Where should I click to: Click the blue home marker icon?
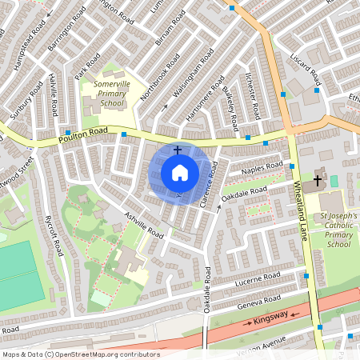tap(179, 173)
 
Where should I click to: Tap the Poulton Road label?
tap(82, 138)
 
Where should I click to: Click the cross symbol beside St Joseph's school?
tap(317, 181)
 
